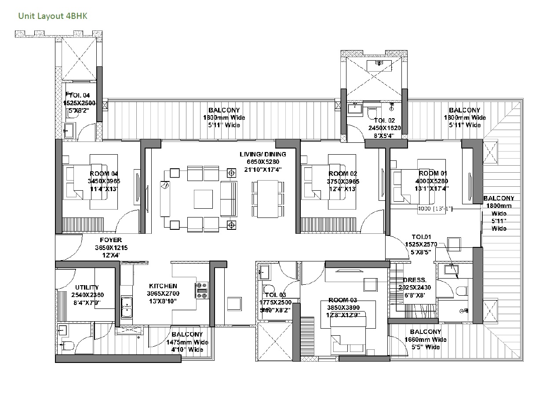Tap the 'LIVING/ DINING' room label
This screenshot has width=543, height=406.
click(263, 154)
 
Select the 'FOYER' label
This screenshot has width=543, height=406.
click(111, 240)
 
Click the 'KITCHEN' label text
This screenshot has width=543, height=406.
click(163, 286)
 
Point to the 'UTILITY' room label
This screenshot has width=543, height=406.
click(87, 287)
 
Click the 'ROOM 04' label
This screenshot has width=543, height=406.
click(104, 174)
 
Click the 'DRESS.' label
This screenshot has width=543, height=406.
click(415, 280)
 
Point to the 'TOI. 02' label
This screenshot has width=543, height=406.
click(385, 120)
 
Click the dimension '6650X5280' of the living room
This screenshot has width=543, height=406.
click(263, 162)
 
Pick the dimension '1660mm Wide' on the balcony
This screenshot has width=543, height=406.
click(425, 339)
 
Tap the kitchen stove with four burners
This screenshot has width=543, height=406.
click(202, 290)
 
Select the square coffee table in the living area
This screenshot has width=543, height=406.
click(204, 199)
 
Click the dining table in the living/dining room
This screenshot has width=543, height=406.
click(268, 199)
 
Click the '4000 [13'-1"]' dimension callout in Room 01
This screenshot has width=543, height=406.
click(434, 209)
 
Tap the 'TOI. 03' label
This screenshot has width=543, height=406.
click(275, 295)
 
